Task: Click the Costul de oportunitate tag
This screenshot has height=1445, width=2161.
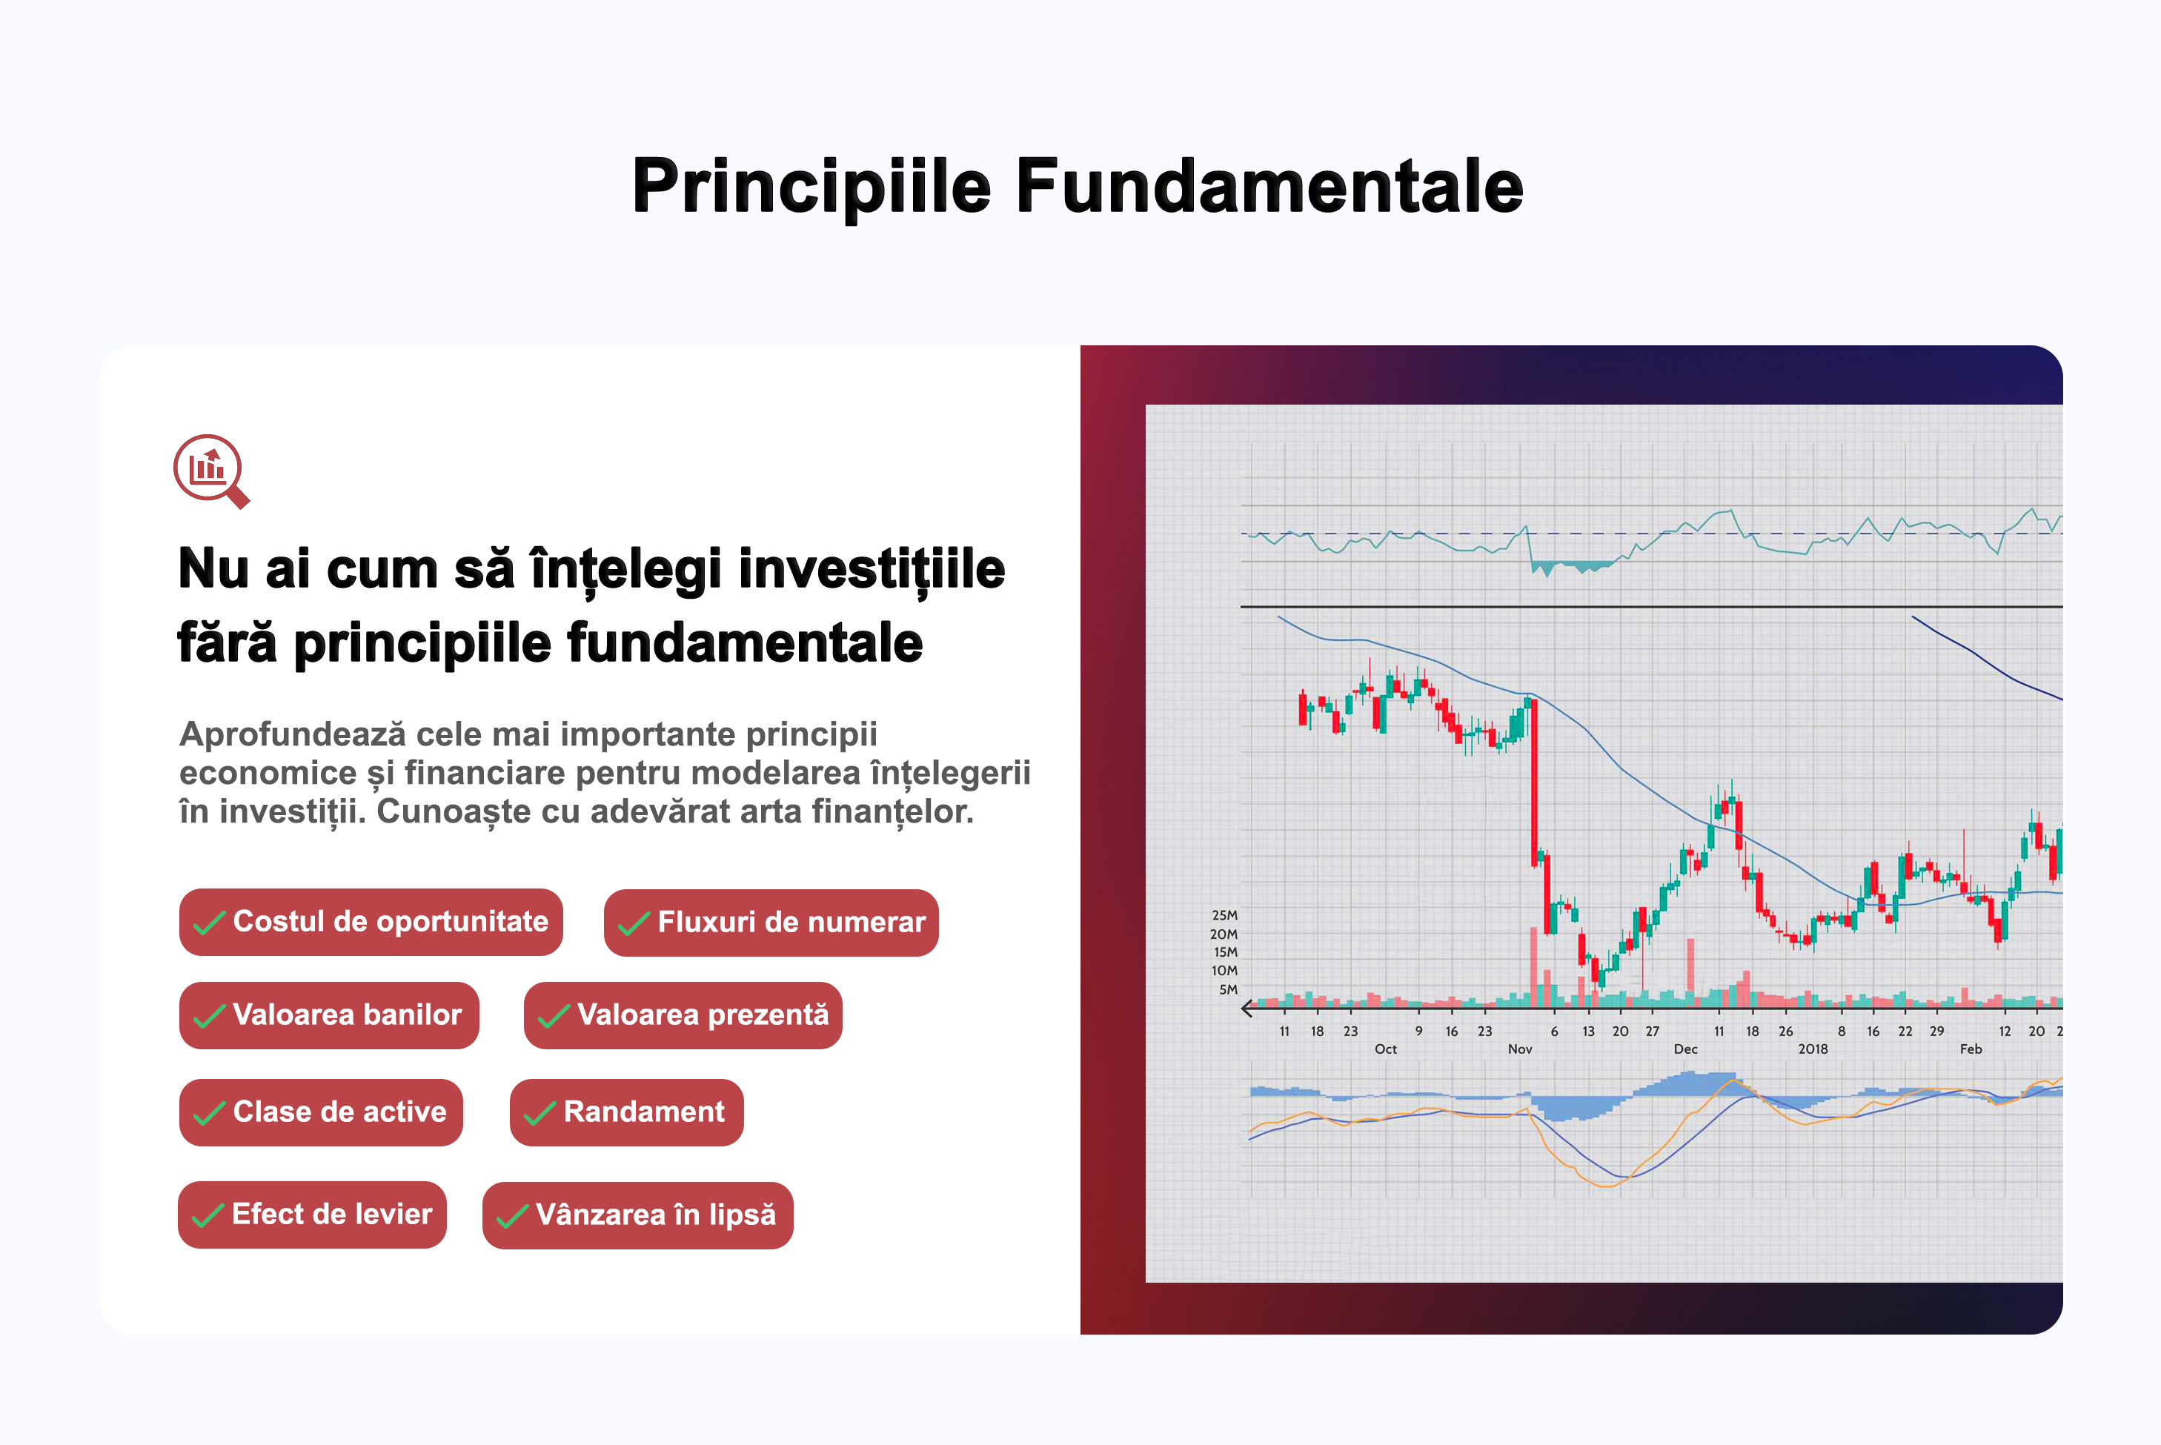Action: click(371, 922)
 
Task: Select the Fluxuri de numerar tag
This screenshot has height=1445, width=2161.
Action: click(771, 923)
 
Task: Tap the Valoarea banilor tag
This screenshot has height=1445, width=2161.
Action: click(329, 1015)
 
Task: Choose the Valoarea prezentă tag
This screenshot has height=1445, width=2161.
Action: click(683, 1015)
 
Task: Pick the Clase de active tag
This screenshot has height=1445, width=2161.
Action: click(321, 1112)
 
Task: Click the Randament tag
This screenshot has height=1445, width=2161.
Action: click(627, 1112)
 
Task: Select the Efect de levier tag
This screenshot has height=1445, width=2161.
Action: click(313, 1215)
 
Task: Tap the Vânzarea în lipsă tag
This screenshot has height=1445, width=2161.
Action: click(637, 1215)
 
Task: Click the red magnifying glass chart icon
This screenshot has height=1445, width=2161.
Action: click(211, 471)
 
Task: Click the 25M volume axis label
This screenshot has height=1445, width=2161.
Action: click(1224, 915)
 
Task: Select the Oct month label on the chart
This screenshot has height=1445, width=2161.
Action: click(1385, 1049)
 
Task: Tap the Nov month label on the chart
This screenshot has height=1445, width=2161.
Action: click(1520, 1049)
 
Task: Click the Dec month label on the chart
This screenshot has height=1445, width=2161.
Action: click(1685, 1049)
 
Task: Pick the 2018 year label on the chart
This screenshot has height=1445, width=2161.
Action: click(1813, 1049)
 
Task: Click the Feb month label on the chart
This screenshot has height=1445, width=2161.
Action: click(1971, 1049)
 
